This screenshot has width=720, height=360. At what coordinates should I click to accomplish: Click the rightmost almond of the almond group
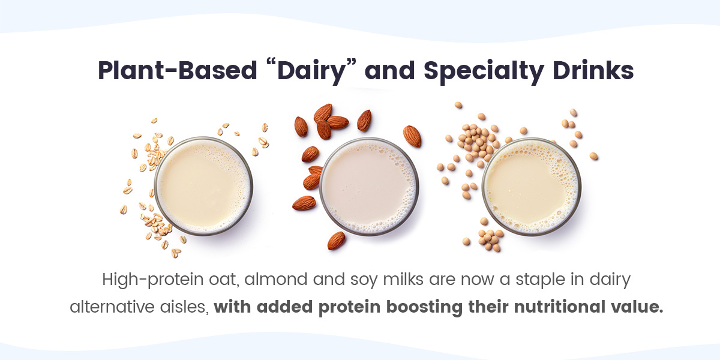coord(412,137)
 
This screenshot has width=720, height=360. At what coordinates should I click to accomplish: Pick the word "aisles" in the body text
coord(187,307)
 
